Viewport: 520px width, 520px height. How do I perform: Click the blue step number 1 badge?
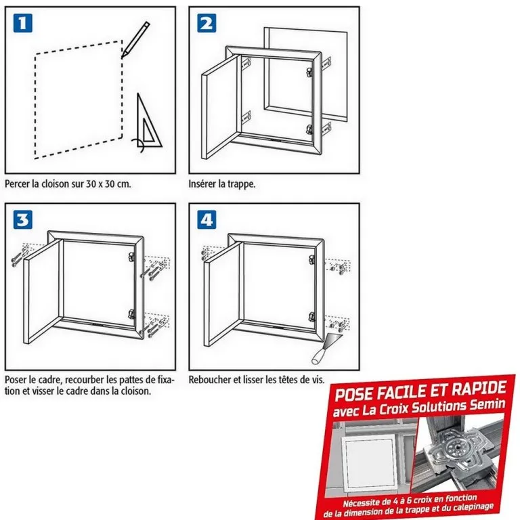[x=23, y=23]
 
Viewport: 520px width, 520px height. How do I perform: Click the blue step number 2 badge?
[x=207, y=23]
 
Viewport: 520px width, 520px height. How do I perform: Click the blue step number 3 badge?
[x=23, y=219]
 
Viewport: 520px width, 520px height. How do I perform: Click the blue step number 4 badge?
[x=207, y=219]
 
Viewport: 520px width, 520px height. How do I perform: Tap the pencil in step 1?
[x=135, y=40]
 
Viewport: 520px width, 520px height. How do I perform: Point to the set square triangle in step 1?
[x=148, y=123]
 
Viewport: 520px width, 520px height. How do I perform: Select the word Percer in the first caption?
[x=17, y=184]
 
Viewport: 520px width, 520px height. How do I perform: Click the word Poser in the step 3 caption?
[x=16, y=380]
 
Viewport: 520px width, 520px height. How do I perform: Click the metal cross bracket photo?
[x=457, y=454]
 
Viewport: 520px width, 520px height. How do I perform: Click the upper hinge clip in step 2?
[x=309, y=72]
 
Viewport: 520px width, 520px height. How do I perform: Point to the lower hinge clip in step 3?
[x=131, y=313]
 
